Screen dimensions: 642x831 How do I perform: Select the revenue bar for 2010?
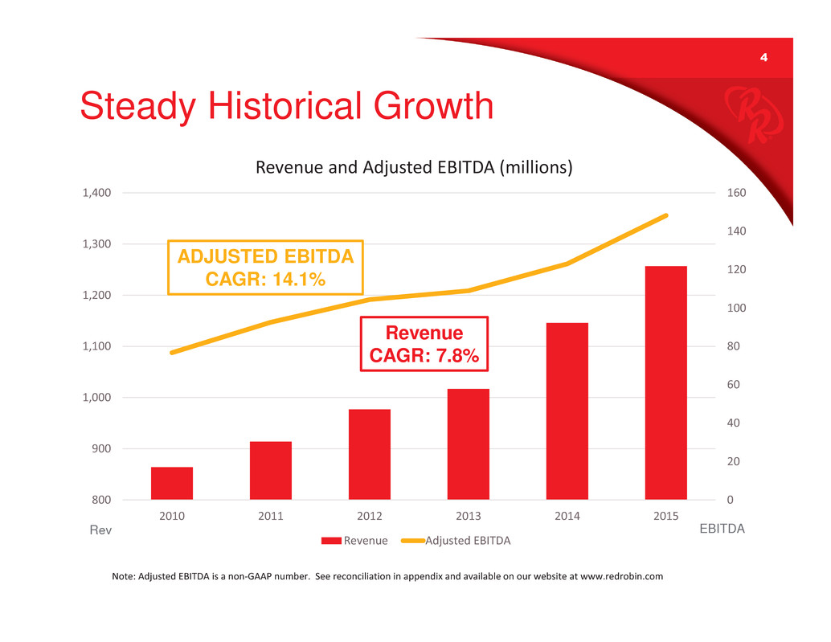pos(172,483)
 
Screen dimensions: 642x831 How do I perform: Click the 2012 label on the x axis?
pos(369,516)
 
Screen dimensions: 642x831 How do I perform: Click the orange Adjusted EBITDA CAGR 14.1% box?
pos(265,267)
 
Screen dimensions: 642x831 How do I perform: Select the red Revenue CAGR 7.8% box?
pos(424,344)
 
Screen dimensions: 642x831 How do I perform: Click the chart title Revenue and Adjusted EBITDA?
pos(414,168)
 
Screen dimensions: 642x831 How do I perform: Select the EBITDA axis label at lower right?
pos(721,530)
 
